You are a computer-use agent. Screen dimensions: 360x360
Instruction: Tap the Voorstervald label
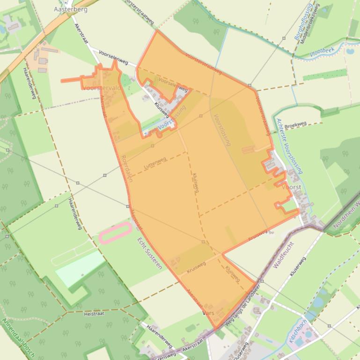[x=102, y=87]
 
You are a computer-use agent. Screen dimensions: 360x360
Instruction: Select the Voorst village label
[x=292, y=186]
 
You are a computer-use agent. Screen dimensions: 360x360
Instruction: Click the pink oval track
[x=115, y=232]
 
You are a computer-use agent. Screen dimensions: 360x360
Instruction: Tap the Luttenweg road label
[x=155, y=163]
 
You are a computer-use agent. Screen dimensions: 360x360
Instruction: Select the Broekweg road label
[x=295, y=124]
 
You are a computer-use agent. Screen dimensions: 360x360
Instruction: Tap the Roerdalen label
[x=127, y=168]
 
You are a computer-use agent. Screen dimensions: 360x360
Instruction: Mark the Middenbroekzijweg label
[x=310, y=24]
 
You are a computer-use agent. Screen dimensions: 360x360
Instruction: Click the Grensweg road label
[x=161, y=356]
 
